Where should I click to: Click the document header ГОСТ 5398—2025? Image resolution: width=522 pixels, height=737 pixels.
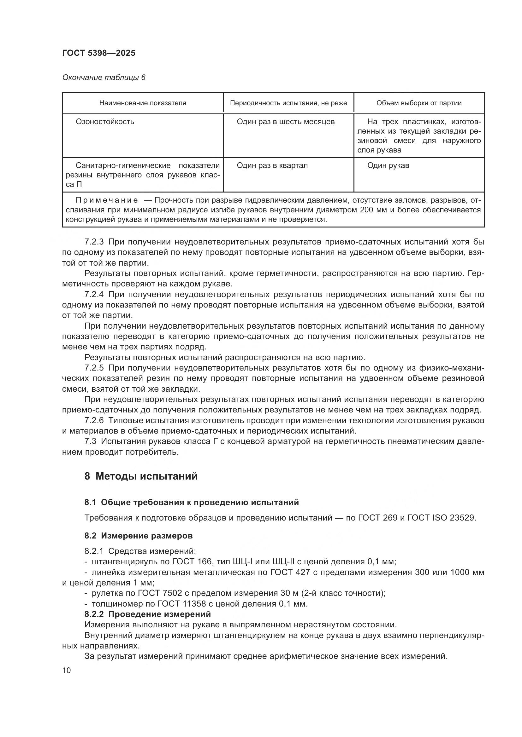click(x=99, y=53)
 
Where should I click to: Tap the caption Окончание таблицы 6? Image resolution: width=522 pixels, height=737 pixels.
click(x=104, y=78)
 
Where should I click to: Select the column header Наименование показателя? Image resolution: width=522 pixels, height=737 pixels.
click(x=142, y=103)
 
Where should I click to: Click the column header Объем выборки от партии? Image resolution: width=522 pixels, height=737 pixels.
click(x=419, y=103)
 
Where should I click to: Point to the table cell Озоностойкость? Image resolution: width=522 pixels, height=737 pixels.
click(x=105, y=122)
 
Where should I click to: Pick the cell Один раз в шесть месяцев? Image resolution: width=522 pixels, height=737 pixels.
click(x=285, y=122)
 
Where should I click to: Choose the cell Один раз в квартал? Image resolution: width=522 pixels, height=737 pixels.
click(x=272, y=166)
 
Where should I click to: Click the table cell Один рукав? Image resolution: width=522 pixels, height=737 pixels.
click(x=388, y=166)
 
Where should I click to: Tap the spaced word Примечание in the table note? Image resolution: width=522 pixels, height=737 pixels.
click(x=107, y=201)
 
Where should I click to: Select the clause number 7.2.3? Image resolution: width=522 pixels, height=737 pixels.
click(x=94, y=242)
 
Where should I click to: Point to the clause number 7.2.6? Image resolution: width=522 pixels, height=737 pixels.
click(x=94, y=421)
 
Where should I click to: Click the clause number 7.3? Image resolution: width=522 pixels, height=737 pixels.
click(x=90, y=441)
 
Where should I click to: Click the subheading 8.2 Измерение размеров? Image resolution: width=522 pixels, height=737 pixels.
click(x=139, y=536)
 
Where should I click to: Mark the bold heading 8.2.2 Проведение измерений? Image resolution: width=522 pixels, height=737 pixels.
click(x=147, y=614)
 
